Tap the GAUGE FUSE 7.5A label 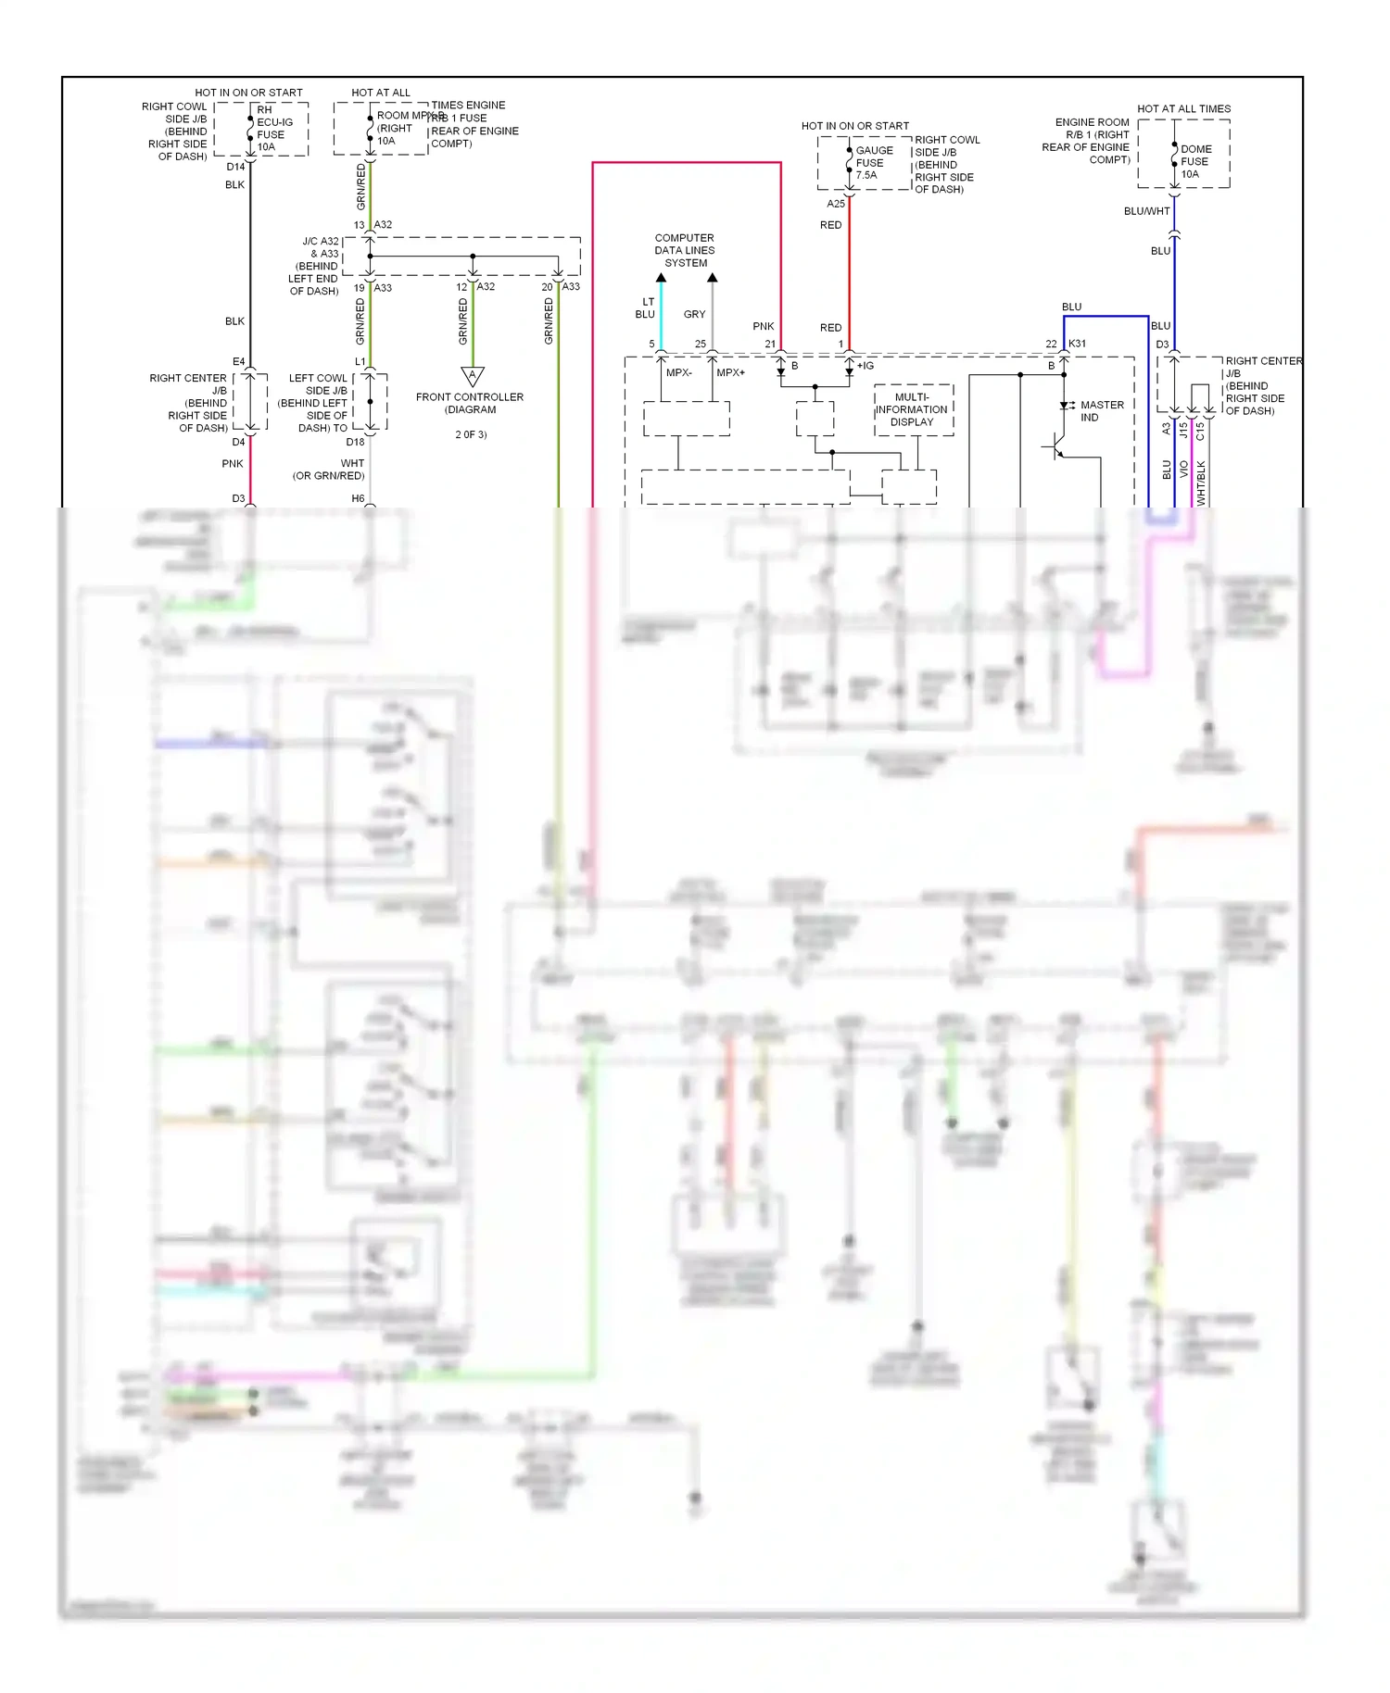coord(873,163)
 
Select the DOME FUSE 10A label coord(1195,161)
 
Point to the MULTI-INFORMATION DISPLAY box coord(913,409)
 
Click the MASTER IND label coord(1101,411)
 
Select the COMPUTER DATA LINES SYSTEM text coord(685,250)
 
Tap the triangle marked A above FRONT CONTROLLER coord(473,376)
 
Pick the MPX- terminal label coord(678,372)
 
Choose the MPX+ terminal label coord(730,372)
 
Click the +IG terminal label coord(865,366)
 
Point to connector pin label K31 coord(1077,344)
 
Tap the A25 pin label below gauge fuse coord(836,204)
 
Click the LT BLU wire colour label coord(645,307)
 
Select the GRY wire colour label coord(694,314)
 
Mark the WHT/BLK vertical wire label coord(1201,483)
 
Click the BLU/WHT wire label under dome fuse coord(1146,211)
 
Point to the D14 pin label coord(235,167)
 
